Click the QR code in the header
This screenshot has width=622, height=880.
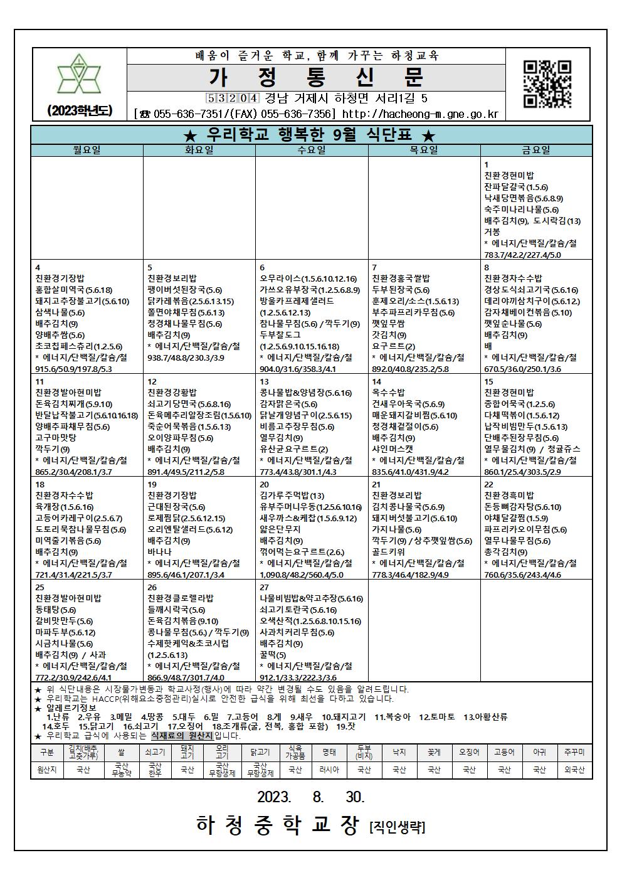(x=547, y=84)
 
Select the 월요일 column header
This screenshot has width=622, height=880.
(x=87, y=151)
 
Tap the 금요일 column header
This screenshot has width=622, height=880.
(x=536, y=151)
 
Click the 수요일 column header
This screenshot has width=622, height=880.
(x=312, y=151)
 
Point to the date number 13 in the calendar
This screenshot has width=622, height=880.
(x=265, y=381)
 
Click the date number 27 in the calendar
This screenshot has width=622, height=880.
(x=265, y=587)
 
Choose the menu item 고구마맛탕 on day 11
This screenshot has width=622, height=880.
(x=56, y=438)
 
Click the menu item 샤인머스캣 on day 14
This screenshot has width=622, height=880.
(x=393, y=449)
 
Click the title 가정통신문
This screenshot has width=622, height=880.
(x=317, y=77)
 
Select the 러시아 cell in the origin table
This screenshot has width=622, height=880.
(x=329, y=770)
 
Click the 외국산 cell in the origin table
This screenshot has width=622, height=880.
(x=574, y=770)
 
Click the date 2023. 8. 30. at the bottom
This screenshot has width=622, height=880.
(x=311, y=797)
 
